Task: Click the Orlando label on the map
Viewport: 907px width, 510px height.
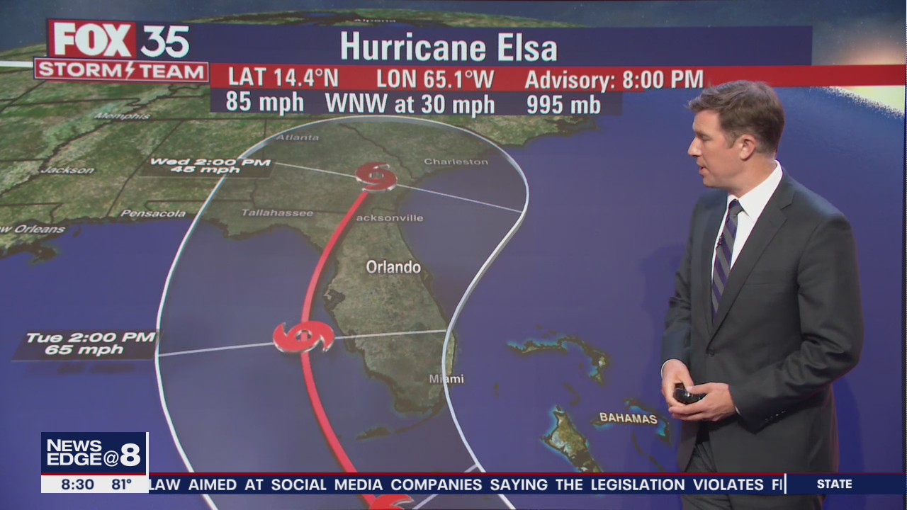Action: click(393, 267)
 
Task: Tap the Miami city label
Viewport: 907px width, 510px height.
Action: click(446, 379)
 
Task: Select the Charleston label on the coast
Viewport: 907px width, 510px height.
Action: click(456, 161)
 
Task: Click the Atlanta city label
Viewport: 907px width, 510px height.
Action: click(297, 137)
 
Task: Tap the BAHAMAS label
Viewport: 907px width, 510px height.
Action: click(628, 418)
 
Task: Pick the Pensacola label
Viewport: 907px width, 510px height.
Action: click(152, 213)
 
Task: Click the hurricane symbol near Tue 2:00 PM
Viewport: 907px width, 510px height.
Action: click(304, 336)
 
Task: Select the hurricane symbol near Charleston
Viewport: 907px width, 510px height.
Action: click(376, 176)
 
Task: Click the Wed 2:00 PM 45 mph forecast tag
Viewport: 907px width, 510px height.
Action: click(210, 166)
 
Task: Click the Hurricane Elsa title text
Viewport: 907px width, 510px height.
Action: click(449, 47)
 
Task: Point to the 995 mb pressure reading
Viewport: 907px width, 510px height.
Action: click(563, 104)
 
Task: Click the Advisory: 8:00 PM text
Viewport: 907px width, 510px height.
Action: click(614, 79)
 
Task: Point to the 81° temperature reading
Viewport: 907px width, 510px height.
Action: click(121, 484)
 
